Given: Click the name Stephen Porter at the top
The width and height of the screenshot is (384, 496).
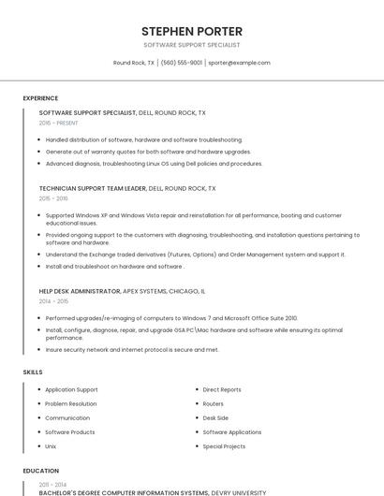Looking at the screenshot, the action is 192,31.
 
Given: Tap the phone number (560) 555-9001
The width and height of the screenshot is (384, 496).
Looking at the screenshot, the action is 182,63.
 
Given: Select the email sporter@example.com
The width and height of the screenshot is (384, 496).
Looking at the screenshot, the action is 239,63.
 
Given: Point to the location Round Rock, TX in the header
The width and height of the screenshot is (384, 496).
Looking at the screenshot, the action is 134,63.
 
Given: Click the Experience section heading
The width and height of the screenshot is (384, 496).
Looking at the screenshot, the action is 40,98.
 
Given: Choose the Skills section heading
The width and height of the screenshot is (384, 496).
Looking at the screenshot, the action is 33,372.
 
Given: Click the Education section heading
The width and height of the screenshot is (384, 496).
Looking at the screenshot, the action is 40,471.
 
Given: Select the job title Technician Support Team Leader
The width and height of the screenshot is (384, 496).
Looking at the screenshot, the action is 93,188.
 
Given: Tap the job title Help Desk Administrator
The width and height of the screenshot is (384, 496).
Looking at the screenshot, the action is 80,291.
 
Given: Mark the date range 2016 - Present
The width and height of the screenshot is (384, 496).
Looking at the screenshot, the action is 59,123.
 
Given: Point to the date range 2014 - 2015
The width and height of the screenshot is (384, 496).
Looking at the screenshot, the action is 53,301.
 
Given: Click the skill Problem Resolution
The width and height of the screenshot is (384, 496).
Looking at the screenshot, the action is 70,403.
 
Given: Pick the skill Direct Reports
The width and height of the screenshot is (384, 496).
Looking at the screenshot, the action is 221,389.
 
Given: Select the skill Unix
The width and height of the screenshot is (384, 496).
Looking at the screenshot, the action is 51,446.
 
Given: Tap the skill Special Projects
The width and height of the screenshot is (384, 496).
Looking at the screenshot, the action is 224,446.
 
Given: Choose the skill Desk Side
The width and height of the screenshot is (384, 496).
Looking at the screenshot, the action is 215,417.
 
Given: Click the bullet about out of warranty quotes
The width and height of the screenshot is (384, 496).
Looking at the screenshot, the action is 148,152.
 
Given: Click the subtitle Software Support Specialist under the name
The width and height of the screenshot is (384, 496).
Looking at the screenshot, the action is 192,45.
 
